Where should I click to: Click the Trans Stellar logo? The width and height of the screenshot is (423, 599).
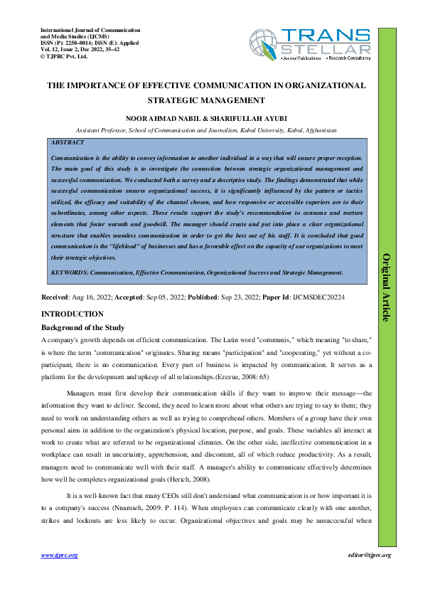coord(311,44)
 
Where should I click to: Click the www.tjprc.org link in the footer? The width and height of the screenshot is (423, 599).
coord(59,555)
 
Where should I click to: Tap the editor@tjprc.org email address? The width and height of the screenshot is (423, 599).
coord(369,555)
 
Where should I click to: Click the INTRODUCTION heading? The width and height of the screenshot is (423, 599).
coord(73,314)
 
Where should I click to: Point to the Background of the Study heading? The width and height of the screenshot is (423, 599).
coord(83,327)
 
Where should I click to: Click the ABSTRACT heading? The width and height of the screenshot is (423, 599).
coord(68,142)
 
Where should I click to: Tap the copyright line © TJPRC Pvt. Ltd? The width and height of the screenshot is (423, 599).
coord(66,55)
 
